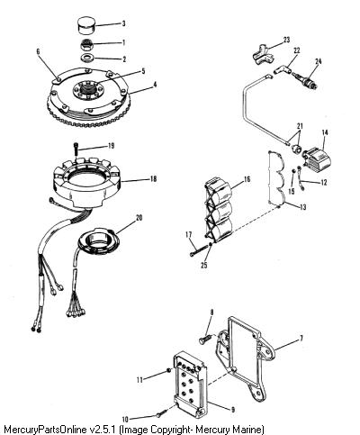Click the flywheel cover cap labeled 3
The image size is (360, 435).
[86, 26]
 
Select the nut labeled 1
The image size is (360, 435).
[87, 46]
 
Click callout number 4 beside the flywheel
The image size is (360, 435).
[155, 85]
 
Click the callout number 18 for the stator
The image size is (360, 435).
[153, 179]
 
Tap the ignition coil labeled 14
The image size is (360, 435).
[318, 158]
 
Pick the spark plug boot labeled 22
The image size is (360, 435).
[283, 70]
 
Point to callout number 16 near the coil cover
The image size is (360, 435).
[247, 179]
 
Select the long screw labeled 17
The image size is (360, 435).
[199, 250]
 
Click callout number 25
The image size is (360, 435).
[204, 265]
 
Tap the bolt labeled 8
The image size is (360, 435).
[205, 340]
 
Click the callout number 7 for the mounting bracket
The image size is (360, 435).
[301, 339]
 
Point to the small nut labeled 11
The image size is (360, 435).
[169, 371]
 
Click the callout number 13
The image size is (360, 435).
[302, 207]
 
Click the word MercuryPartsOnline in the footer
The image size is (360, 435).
[45, 429]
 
